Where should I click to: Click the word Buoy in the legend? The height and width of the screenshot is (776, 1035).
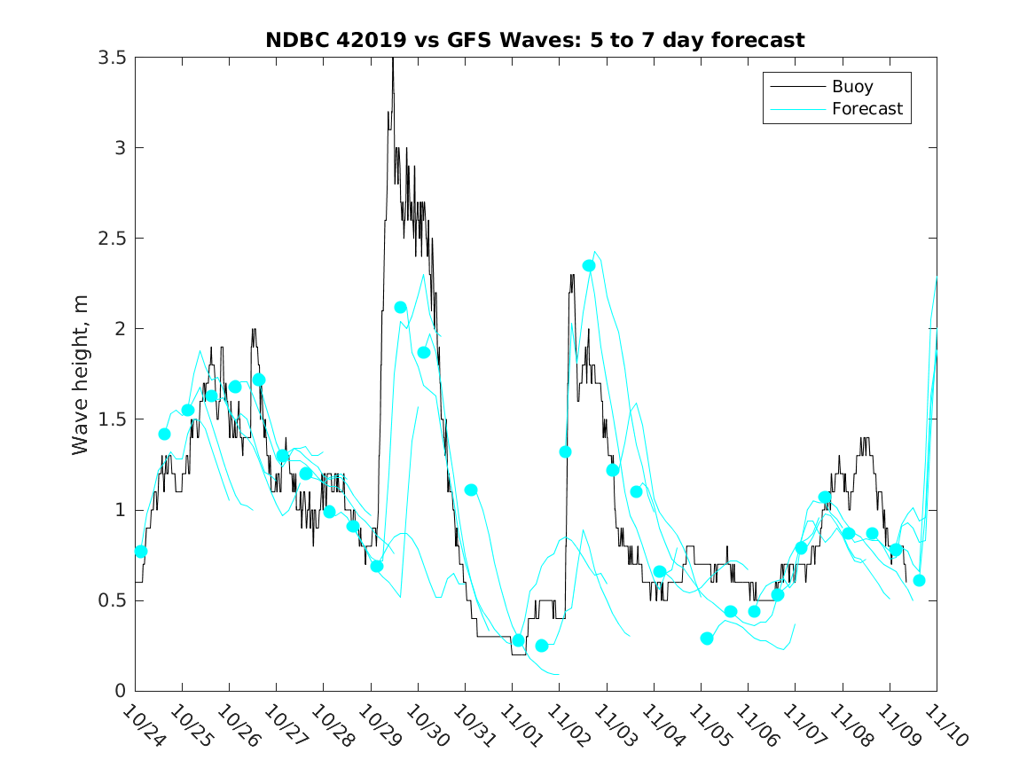pos(851,87)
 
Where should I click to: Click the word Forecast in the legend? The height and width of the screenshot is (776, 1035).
pos(866,109)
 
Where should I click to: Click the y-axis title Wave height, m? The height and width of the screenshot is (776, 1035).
pos(81,373)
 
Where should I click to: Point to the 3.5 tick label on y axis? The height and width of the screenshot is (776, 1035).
pos(111,58)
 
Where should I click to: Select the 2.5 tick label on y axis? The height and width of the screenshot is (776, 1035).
pos(111,239)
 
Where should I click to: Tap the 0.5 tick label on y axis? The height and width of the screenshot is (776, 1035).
pos(111,600)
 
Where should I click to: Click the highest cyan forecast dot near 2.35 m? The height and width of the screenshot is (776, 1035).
pos(589,265)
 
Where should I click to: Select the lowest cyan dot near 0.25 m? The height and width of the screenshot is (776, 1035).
pos(542,646)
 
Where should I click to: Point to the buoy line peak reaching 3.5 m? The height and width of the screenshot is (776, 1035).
pos(392,60)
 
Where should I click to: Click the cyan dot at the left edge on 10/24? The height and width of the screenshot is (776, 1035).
pos(140,551)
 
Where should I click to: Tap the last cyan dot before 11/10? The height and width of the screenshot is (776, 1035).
pos(919,580)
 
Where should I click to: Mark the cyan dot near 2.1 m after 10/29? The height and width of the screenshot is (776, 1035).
pos(400,307)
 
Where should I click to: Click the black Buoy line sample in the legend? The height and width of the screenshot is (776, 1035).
pos(792,87)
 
